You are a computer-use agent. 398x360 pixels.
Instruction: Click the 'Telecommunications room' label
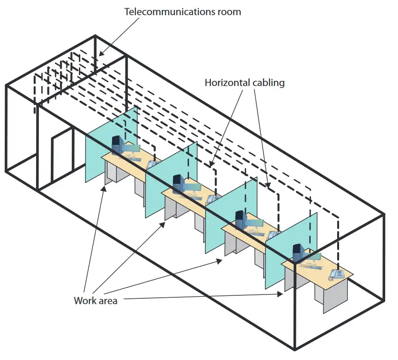[x=182, y=11]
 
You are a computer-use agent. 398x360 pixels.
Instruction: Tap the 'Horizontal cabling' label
[x=245, y=83]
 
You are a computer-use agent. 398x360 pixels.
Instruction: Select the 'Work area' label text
[x=95, y=301]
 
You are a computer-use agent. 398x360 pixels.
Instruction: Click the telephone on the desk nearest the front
[x=337, y=273]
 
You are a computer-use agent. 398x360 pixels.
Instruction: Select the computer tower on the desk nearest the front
[x=298, y=252]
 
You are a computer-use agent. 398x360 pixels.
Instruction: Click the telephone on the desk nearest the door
[x=153, y=164]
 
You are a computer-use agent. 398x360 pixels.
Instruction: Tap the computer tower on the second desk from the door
[x=178, y=183]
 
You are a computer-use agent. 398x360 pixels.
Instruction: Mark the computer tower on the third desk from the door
[x=240, y=219]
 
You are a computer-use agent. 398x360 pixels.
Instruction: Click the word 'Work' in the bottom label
[x=84, y=301]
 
